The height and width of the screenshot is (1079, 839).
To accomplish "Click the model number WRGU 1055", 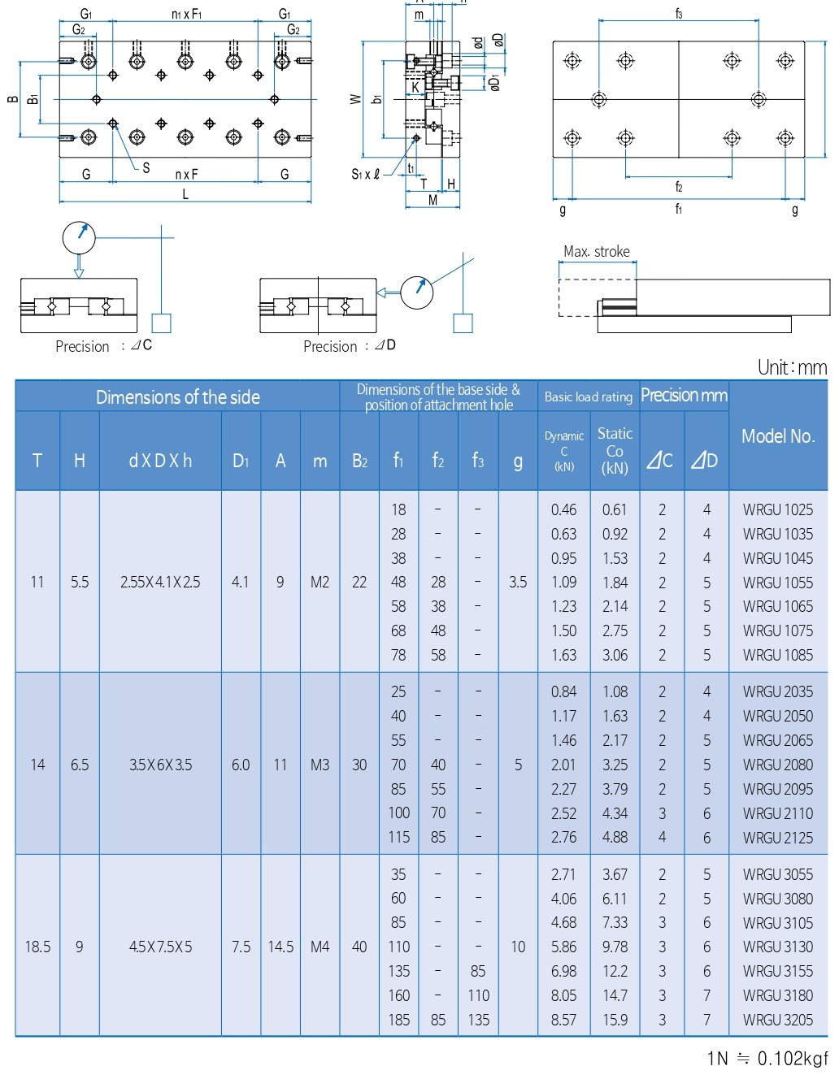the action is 777,583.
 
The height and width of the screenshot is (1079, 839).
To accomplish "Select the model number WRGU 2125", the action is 777,838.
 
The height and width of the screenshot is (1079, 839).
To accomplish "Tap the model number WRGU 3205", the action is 777,1020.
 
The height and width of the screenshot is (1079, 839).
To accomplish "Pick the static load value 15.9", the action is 615,1020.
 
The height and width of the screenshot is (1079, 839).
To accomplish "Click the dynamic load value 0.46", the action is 563,509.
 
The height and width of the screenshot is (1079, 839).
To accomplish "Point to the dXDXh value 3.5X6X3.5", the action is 160,765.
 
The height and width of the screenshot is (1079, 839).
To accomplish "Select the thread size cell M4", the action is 320,947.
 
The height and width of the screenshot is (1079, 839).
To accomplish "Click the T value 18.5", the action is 37,947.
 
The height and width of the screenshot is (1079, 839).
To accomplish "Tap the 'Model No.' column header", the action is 778,436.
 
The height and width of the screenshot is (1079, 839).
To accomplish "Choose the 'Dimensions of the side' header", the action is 178,397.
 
